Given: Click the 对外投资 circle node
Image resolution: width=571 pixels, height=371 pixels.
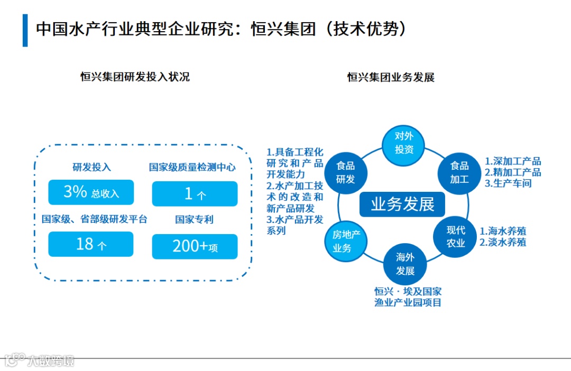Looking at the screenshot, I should pos(404,143).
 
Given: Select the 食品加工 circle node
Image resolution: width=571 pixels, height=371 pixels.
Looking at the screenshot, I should pos(459,172).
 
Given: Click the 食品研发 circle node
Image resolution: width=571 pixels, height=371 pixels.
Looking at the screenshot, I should pos(346,172).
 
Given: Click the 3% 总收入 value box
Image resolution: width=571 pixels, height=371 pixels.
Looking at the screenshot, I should pos(91,192).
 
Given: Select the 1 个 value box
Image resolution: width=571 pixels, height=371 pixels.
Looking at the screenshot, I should pos(195,194).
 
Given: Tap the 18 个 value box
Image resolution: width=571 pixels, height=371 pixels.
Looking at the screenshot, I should pos(91,244).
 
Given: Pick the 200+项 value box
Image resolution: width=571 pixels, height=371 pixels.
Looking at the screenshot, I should pos(195,246).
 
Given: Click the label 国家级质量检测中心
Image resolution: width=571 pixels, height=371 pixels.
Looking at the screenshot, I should pos(192,168).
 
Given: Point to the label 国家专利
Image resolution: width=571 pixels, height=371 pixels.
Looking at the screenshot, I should pos(194,219).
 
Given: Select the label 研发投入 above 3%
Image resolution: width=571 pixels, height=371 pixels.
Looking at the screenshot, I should pos(91,168).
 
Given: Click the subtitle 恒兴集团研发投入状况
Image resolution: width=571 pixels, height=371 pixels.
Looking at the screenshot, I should pos(135,77).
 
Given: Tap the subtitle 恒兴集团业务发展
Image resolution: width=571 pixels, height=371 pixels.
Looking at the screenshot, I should pos(391,78).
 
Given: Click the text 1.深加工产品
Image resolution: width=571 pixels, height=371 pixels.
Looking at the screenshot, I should pos(513,162).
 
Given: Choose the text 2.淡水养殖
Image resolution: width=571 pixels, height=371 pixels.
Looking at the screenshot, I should pos(503,243).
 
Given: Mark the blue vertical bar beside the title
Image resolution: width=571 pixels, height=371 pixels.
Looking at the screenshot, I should pos(25,31).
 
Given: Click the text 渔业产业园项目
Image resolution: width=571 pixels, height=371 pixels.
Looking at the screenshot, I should pos(408,303).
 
